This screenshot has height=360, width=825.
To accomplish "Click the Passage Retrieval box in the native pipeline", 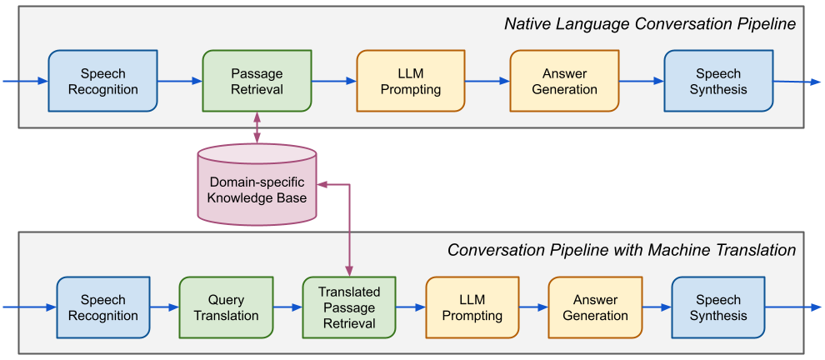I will (x=257, y=81).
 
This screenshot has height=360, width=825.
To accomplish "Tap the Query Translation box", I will (x=226, y=307).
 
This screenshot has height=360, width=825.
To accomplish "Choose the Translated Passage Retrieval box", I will (x=348, y=307).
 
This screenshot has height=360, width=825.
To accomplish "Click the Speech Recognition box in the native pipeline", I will (x=102, y=81).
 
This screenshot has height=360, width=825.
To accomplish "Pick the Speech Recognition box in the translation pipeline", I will (x=102, y=307).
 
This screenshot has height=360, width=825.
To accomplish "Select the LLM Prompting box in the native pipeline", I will (x=410, y=81).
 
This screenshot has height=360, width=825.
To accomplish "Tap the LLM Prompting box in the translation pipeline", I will (x=472, y=307).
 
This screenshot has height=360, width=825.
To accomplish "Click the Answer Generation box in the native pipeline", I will (x=564, y=81).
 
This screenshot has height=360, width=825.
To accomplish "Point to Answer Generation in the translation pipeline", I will (x=595, y=307).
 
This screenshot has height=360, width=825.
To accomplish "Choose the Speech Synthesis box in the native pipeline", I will (x=718, y=81).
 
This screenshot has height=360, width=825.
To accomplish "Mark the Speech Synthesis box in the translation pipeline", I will (x=718, y=307).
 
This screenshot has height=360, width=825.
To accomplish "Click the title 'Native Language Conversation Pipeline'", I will (x=650, y=24).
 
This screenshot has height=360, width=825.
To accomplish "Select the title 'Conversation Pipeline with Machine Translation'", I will (x=622, y=250).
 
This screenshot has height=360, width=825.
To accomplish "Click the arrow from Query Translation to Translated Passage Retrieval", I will (x=287, y=307).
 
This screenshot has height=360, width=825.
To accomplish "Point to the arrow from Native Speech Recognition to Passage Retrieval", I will (x=179, y=81).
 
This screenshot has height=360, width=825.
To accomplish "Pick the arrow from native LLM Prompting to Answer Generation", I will (x=487, y=81).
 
